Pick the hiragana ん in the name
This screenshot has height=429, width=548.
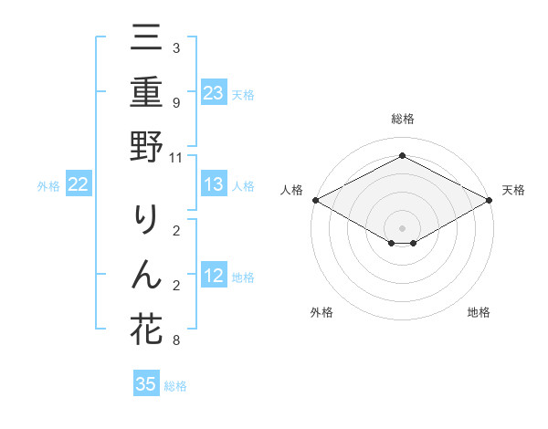[x=146, y=274]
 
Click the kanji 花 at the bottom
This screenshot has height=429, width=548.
[x=146, y=328]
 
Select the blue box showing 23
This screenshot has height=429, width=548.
[x=214, y=92]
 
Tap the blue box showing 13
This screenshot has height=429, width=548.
[x=214, y=185]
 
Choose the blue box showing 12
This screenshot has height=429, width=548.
[x=214, y=277]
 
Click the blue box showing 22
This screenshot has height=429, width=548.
[x=79, y=185]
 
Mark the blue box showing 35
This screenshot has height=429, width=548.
[x=146, y=384]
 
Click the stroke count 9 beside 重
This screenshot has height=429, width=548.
[x=175, y=103]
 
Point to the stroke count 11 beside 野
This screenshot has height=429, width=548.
[x=175, y=157]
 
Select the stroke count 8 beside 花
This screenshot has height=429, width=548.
[x=175, y=340]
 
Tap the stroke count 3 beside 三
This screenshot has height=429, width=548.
[x=175, y=48]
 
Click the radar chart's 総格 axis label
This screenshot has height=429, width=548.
[x=403, y=119]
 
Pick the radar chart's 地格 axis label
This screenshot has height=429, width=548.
[x=479, y=312]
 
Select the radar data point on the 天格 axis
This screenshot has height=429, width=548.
[x=490, y=200]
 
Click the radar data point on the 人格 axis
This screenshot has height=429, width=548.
[x=315, y=200]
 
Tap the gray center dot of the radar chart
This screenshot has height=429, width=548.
[x=403, y=227]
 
